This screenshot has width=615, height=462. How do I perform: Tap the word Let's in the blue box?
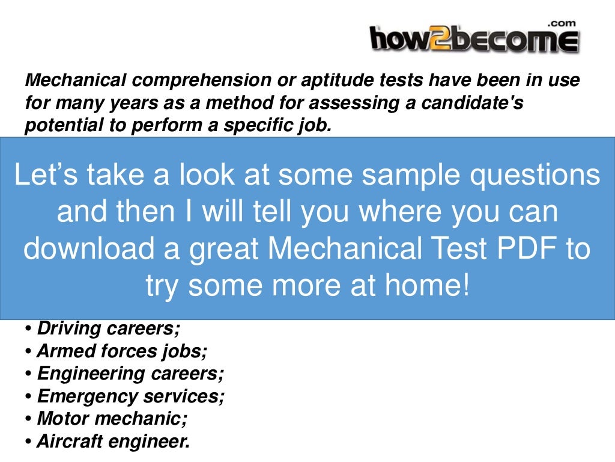pyautogui.click(x=45, y=175)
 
